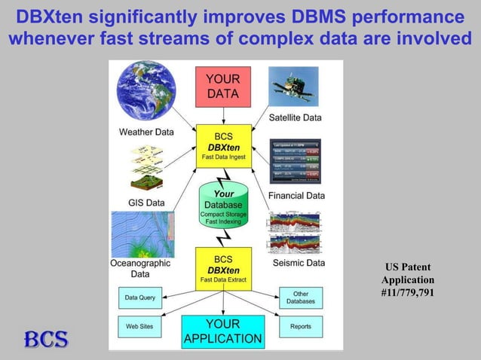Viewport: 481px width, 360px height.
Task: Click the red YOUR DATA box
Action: pos(223,87)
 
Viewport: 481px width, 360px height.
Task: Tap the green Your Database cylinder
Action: pos(222,204)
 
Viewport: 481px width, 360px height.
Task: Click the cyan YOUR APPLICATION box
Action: pos(223,331)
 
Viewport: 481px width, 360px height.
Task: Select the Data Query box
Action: pos(140,297)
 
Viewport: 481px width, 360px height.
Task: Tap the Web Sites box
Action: pos(140,326)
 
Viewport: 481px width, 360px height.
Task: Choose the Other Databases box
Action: pos(301,297)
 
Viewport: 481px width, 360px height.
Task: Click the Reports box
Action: pos(301,326)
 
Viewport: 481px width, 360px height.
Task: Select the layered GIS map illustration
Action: pos(146,168)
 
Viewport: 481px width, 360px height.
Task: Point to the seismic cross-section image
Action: pos(296,232)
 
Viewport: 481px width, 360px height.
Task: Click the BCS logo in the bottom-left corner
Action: pos(45,339)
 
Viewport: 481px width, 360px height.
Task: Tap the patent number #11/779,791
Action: pos(408,292)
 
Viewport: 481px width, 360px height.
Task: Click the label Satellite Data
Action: pos(296,117)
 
